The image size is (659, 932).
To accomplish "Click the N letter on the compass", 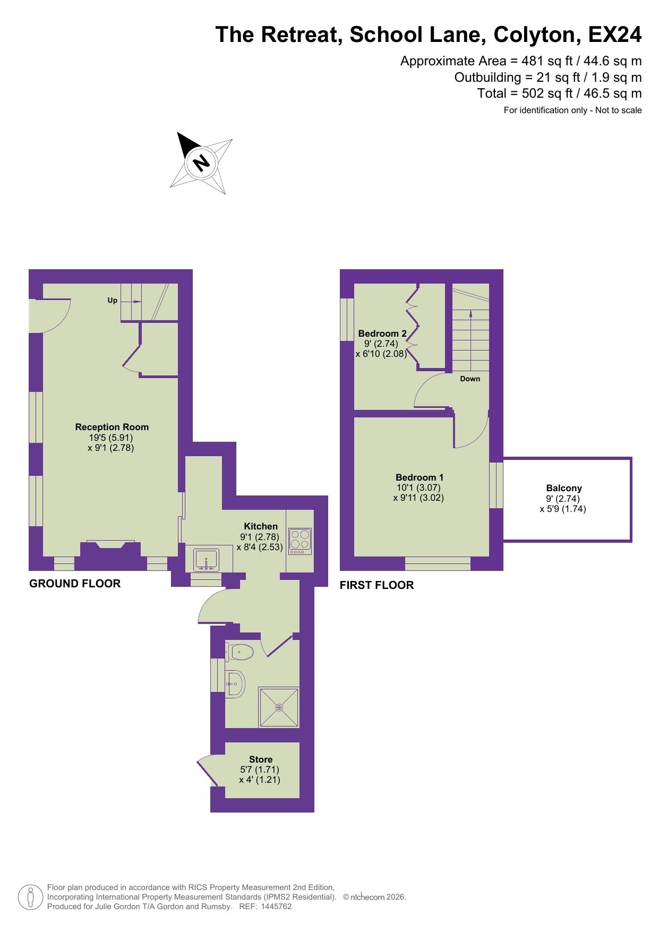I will (201, 162).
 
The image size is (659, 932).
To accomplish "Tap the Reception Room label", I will (112, 427).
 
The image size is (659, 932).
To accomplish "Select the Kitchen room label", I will (261, 526).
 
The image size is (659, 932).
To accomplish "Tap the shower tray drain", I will (279, 707).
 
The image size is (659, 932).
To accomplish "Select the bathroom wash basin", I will (235, 683).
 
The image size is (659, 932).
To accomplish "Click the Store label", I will (261, 759).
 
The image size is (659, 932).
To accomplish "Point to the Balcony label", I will (564, 488).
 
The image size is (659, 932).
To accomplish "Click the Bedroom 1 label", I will (420, 477).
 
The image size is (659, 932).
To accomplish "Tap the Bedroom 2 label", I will (382, 334).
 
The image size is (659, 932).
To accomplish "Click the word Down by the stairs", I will (470, 379).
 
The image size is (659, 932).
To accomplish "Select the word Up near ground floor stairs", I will (113, 300).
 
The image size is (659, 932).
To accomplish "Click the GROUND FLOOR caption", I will (75, 584).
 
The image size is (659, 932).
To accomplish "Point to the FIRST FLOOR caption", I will (376, 585).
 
